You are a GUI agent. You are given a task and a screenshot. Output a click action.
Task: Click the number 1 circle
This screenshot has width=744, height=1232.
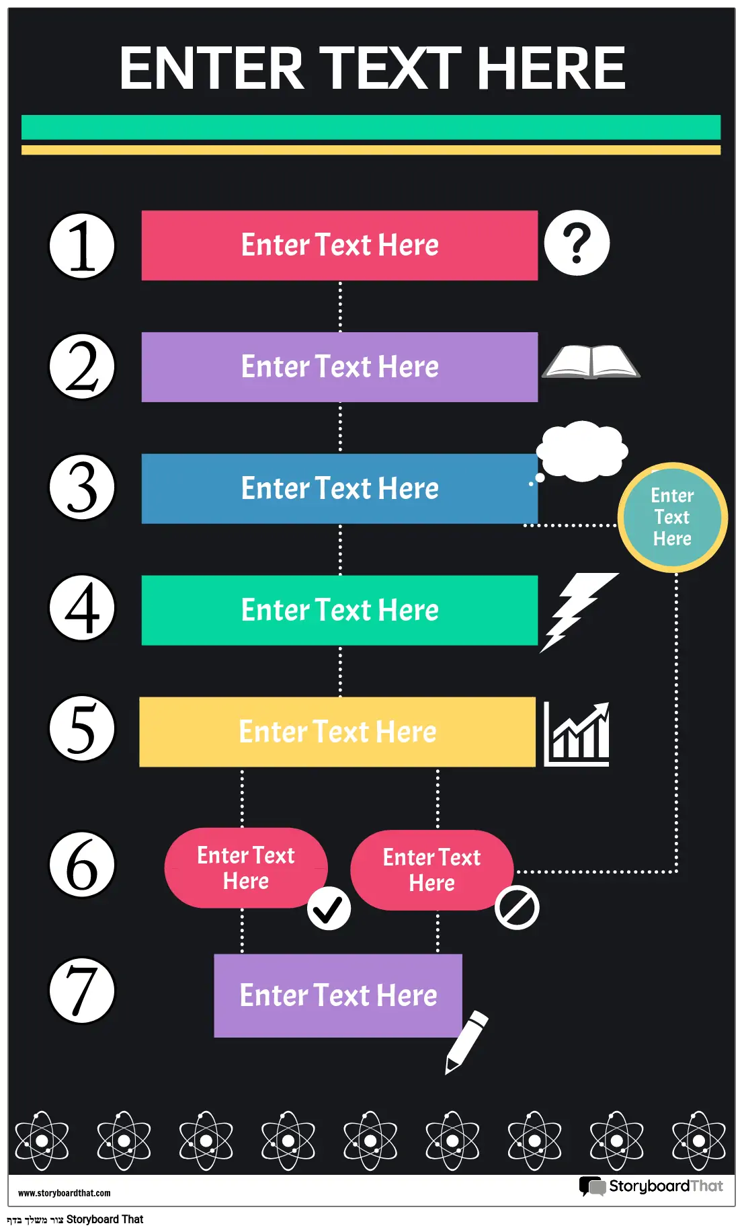(82, 245)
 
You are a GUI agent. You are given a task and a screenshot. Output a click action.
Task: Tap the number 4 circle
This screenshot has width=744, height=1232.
(82, 607)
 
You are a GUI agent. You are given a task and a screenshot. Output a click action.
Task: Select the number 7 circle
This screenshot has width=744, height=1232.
(82, 991)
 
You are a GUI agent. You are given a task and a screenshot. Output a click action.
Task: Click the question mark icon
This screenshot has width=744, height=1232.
(577, 243)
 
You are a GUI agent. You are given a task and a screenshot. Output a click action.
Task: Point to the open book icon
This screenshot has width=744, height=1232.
(591, 362)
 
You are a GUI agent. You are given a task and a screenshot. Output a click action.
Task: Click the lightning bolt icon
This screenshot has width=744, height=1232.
(578, 613)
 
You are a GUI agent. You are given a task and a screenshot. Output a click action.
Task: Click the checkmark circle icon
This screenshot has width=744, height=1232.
(329, 909)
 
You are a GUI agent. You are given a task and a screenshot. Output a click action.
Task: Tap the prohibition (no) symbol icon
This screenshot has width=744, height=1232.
(517, 908)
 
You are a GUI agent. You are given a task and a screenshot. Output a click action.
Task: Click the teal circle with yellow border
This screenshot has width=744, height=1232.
(673, 517)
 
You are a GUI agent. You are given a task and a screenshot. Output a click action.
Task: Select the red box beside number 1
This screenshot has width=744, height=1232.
(339, 245)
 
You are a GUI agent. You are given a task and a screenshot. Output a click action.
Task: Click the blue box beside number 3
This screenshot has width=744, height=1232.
(339, 489)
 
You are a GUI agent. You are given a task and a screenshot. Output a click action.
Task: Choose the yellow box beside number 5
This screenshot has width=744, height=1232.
(337, 732)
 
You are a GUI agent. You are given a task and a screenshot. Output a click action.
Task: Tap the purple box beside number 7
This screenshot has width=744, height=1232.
(338, 995)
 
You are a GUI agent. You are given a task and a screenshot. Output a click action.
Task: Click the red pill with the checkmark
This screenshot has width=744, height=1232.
(246, 868)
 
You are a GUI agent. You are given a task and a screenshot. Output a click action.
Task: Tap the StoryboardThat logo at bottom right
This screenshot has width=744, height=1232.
(651, 1186)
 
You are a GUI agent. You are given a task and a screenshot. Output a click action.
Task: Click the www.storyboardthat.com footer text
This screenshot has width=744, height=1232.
(65, 1193)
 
